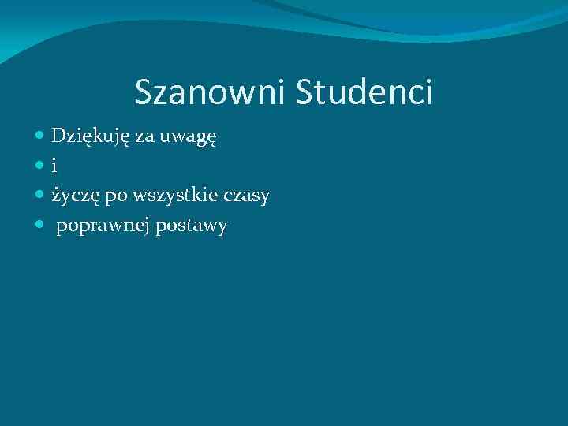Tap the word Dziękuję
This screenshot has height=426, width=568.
point(92,137)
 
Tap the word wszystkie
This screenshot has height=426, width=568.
point(174,196)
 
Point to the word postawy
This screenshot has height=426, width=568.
point(192,227)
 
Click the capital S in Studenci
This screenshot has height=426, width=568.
point(305,92)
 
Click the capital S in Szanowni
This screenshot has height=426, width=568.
point(143,92)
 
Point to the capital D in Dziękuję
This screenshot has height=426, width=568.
point(59,136)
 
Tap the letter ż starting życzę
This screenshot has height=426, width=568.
point(56,196)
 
